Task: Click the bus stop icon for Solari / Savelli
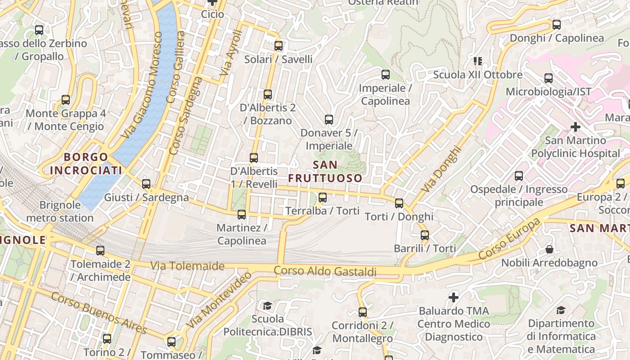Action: (x=279, y=46)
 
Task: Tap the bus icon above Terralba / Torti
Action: (x=323, y=198)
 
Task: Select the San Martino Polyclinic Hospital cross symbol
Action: (x=575, y=127)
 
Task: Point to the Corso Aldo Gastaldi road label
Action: (x=325, y=271)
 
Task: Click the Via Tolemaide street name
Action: (x=187, y=266)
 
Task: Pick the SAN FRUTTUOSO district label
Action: (x=325, y=171)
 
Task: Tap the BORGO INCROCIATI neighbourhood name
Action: (x=86, y=164)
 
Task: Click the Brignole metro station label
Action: (x=60, y=211)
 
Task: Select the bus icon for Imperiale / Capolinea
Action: (x=386, y=75)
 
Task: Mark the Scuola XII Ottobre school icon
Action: (x=477, y=61)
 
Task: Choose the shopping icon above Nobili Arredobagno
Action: (x=549, y=249)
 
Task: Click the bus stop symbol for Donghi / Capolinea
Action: (x=557, y=25)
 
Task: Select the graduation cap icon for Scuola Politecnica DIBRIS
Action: (x=268, y=306)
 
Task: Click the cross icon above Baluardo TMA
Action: (x=454, y=297)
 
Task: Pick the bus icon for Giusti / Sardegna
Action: (x=146, y=184)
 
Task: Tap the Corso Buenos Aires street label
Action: (x=99, y=313)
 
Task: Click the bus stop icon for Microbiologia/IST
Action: (x=549, y=78)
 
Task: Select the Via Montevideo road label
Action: (x=219, y=300)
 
